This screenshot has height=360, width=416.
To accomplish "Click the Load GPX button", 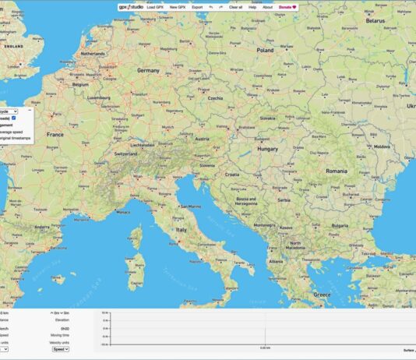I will (155, 6).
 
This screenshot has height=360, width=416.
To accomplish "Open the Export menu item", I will (197, 6).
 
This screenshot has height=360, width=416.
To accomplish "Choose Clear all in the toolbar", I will (235, 6).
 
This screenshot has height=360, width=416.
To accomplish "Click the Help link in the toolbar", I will (252, 6).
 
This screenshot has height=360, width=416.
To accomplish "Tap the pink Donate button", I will (288, 6).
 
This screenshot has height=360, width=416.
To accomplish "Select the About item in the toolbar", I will (268, 6).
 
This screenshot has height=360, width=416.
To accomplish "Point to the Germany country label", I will (148, 70).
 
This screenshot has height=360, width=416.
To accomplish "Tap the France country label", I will (55, 134).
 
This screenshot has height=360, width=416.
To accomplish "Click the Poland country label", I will (266, 48).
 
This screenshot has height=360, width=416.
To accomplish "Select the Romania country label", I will (337, 170).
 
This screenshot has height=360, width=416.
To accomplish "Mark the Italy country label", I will (182, 230).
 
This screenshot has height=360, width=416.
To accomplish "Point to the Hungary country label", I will (268, 148).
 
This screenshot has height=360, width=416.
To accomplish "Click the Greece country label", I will (322, 295).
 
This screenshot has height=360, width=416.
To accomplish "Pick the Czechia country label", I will (215, 99).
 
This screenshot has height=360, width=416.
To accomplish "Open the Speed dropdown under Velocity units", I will (60, 350).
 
